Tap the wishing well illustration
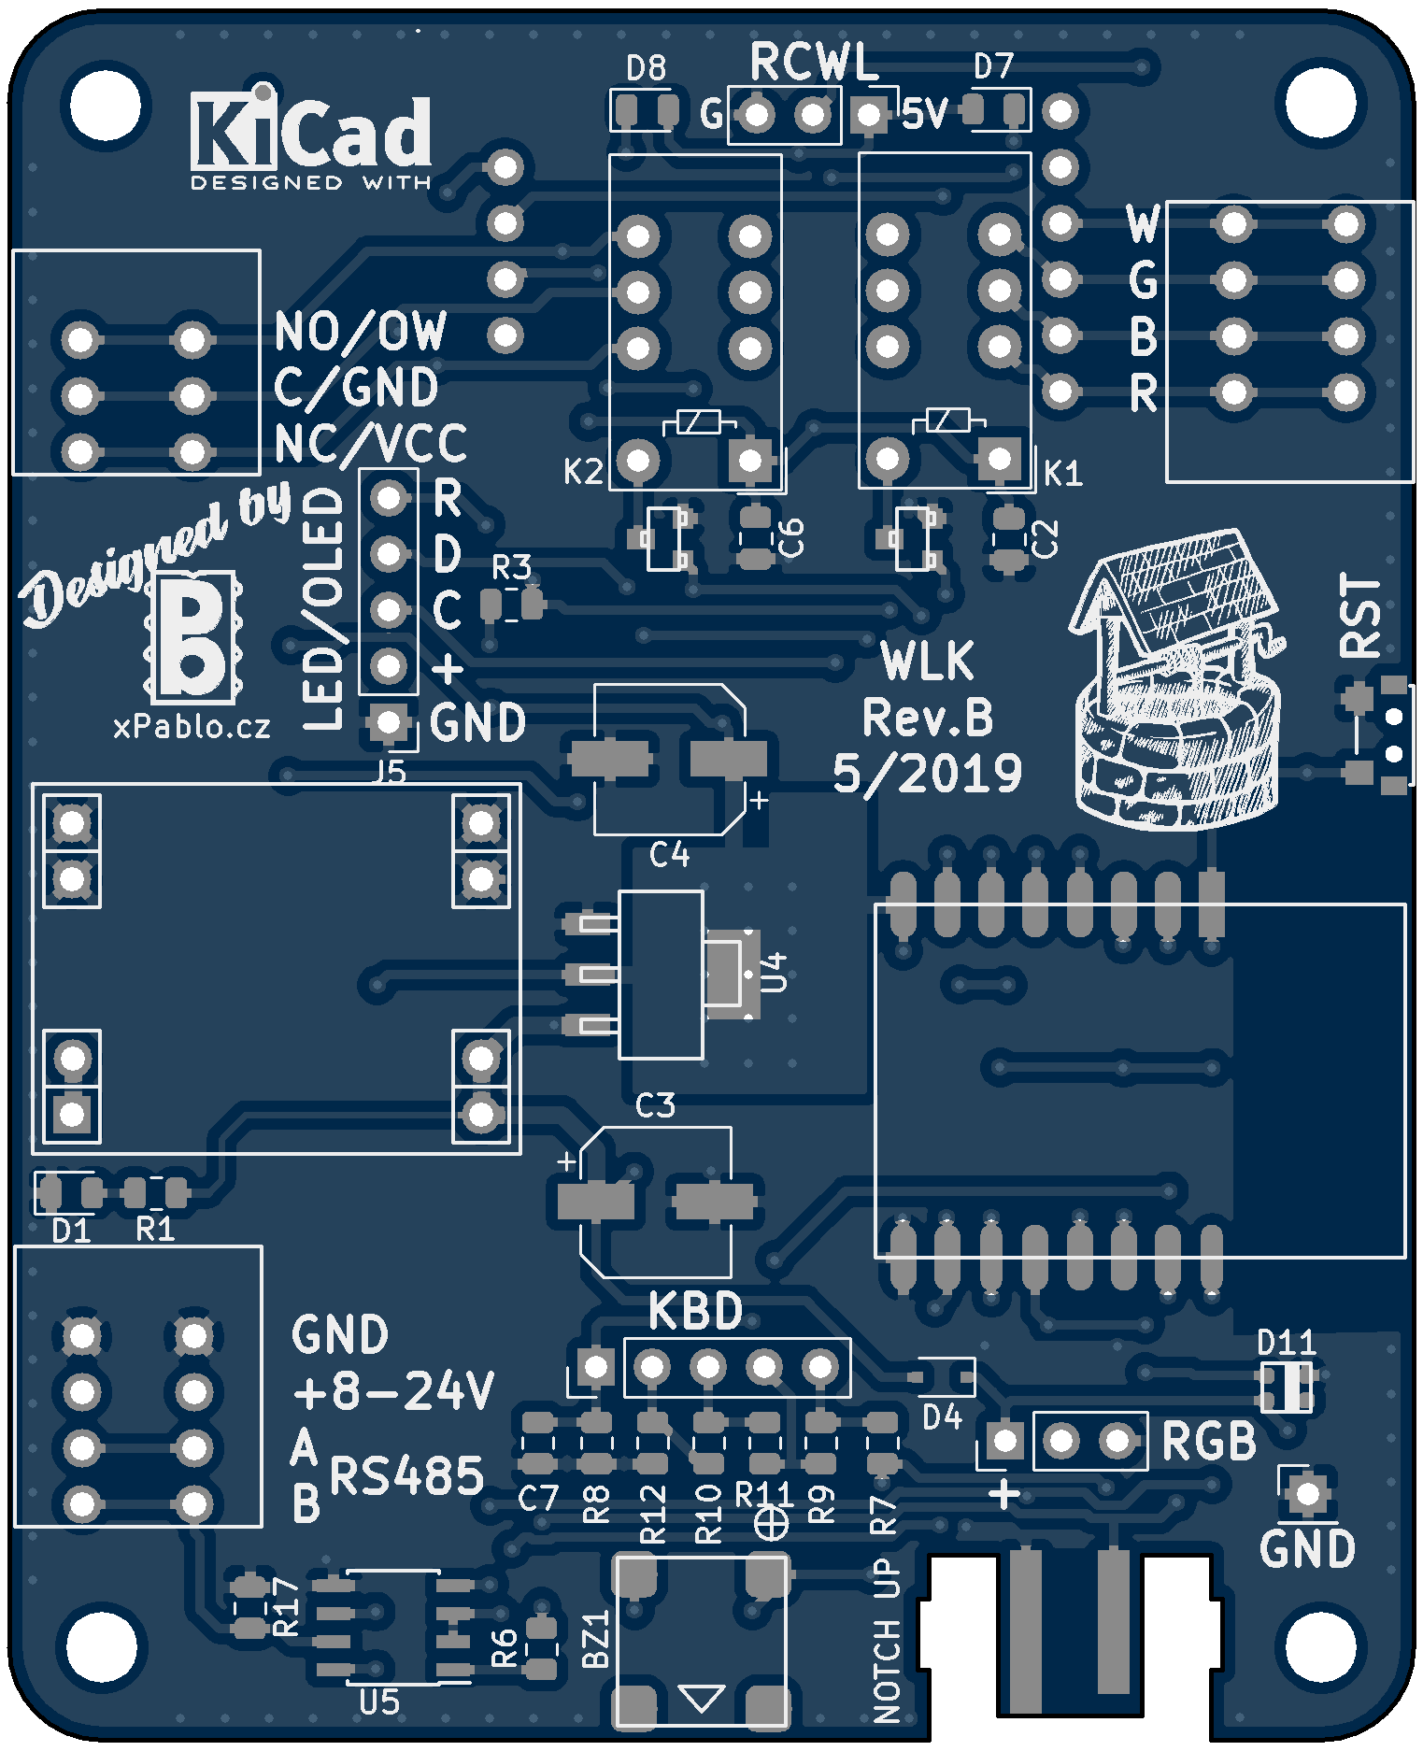point(1175,682)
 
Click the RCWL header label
point(814,64)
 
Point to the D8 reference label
point(646,68)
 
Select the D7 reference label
point(993,66)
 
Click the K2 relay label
point(583,472)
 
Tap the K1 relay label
point(1062,474)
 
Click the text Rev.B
point(927,719)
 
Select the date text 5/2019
point(927,775)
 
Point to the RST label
point(1360,616)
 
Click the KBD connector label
point(696,1312)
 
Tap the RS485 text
point(407,1476)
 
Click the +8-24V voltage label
point(393,1391)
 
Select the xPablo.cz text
point(192,727)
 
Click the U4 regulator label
point(776,972)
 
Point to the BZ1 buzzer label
point(595,1639)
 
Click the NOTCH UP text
point(887,1640)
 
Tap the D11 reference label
point(1286,1344)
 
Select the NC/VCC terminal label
point(371,444)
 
